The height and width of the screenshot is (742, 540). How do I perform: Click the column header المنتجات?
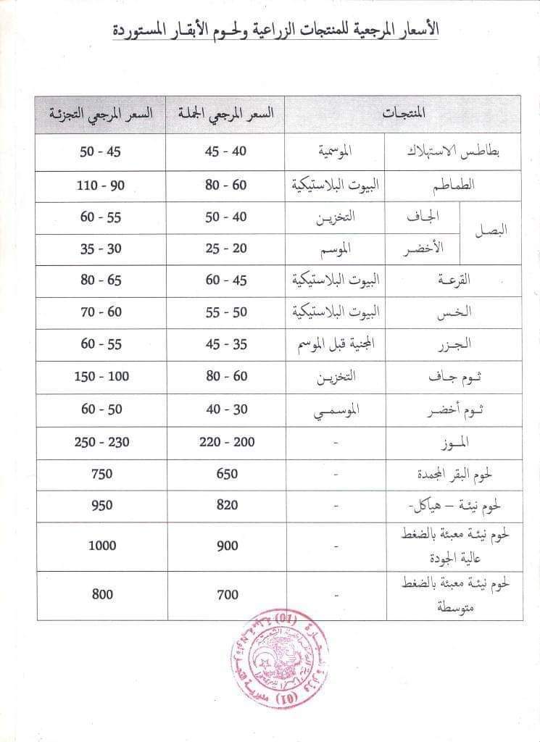[x=403, y=113]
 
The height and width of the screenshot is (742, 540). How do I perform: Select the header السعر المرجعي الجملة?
[x=226, y=113]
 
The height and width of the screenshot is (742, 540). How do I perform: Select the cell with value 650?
[x=226, y=474]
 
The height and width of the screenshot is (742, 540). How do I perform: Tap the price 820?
[x=226, y=505]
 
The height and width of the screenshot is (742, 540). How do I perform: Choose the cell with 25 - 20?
[x=226, y=249]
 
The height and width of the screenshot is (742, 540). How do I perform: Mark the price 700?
[x=226, y=594]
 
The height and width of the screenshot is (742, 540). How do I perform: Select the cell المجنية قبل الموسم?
[x=331, y=344]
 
